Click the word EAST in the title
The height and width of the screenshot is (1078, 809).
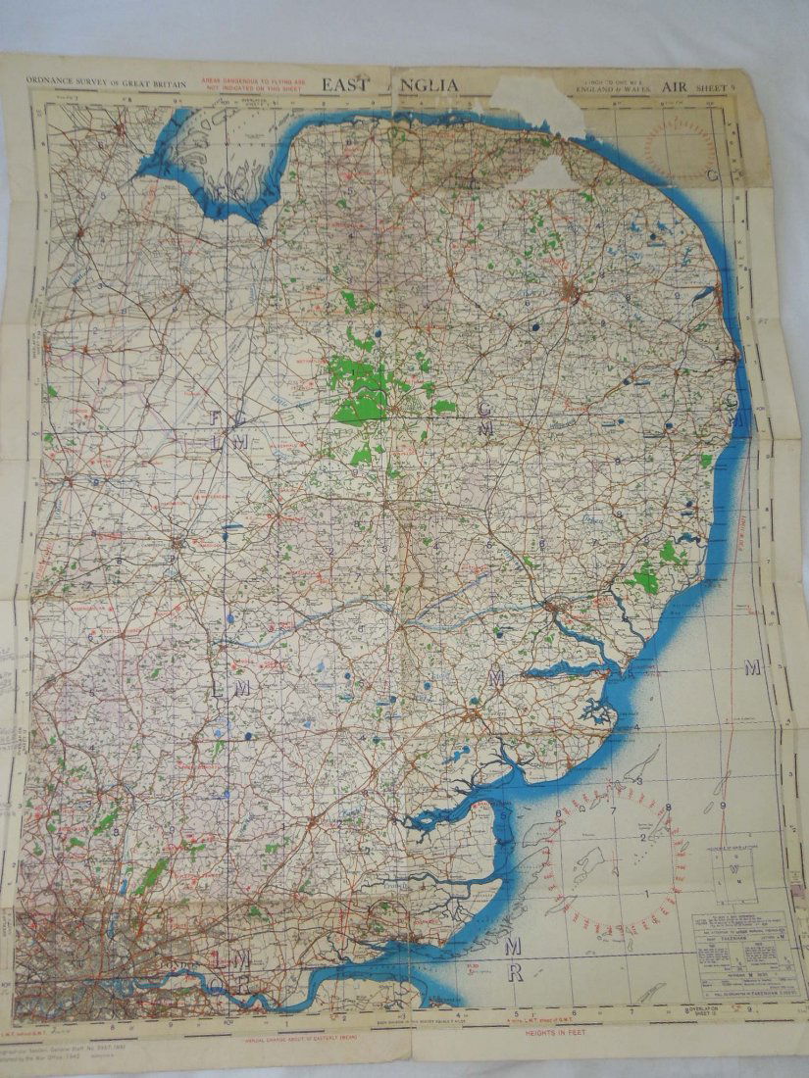pyautogui.click(x=349, y=85)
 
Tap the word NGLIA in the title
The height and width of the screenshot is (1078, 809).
pyautogui.click(x=430, y=85)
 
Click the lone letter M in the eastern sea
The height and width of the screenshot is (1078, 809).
pyautogui.click(x=752, y=668)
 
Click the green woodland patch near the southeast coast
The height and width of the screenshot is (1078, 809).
pyautogui.click(x=645, y=578)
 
